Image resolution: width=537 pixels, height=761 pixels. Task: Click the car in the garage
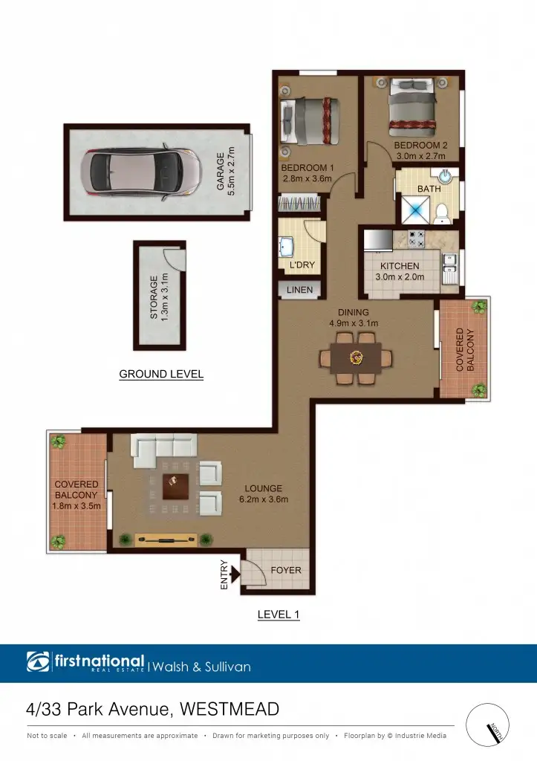click(x=140, y=171)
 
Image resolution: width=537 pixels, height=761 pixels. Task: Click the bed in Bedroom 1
click(x=310, y=122)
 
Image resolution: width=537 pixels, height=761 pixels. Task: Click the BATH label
click(x=429, y=190)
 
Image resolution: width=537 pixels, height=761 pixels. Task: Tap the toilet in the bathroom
click(x=443, y=213)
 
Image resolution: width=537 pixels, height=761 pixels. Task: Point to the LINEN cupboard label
click(x=301, y=290)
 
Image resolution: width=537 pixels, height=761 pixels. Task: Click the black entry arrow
click(x=235, y=573)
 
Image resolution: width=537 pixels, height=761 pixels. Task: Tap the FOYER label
click(x=286, y=571)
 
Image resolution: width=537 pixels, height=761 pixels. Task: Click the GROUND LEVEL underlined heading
click(x=161, y=375)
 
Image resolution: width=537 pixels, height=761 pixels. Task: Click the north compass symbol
click(x=489, y=728)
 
